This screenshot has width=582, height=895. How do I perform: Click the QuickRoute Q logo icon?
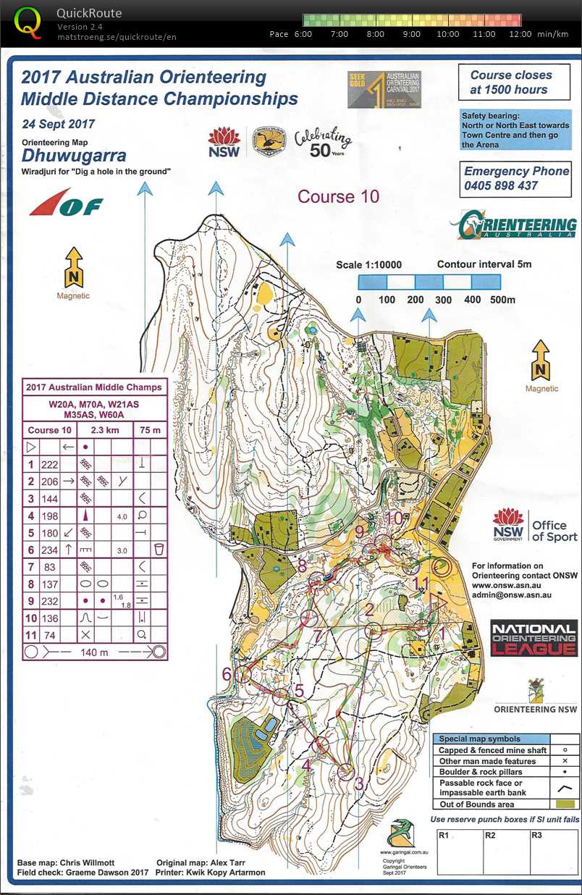(28, 21)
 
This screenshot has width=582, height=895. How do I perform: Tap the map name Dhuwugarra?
(74, 156)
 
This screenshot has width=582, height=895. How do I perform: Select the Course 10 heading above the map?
(338, 196)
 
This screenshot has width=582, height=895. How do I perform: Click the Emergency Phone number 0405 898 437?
(500, 186)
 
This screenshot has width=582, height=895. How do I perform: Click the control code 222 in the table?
(49, 464)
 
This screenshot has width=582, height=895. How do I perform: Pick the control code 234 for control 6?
(49, 550)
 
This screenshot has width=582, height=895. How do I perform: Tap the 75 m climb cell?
(151, 430)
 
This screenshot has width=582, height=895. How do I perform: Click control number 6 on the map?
(227, 674)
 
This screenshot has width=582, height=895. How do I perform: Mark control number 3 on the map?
(358, 783)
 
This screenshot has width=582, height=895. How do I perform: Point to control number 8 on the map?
(302, 566)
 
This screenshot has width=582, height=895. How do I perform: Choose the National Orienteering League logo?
(534, 639)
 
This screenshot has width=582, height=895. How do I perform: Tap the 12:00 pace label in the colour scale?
(520, 34)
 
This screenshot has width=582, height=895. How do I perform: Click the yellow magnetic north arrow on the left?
(74, 267)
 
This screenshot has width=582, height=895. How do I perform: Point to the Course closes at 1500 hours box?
(510, 83)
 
